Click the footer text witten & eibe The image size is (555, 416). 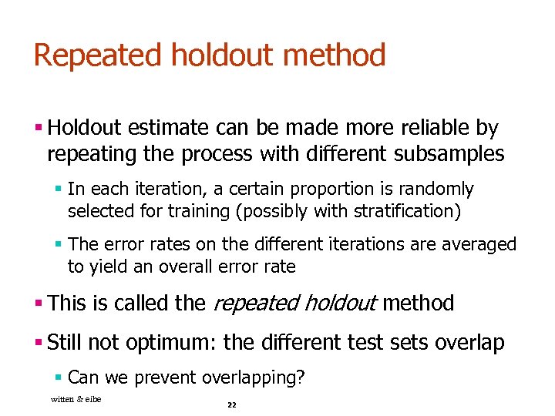(x=76, y=398)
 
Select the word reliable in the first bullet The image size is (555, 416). (x=436, y=128)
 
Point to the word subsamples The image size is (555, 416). (x=449, y=154)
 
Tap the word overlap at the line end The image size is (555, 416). (x=470, y=342)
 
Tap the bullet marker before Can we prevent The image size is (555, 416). (x=59, y=377)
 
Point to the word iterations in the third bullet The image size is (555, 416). (x=366, y=245)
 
